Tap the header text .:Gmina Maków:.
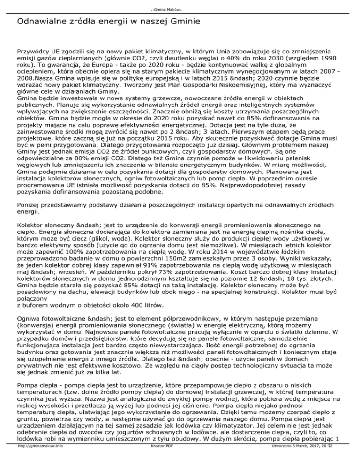point(180,5)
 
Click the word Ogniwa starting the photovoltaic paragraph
point(30,336)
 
